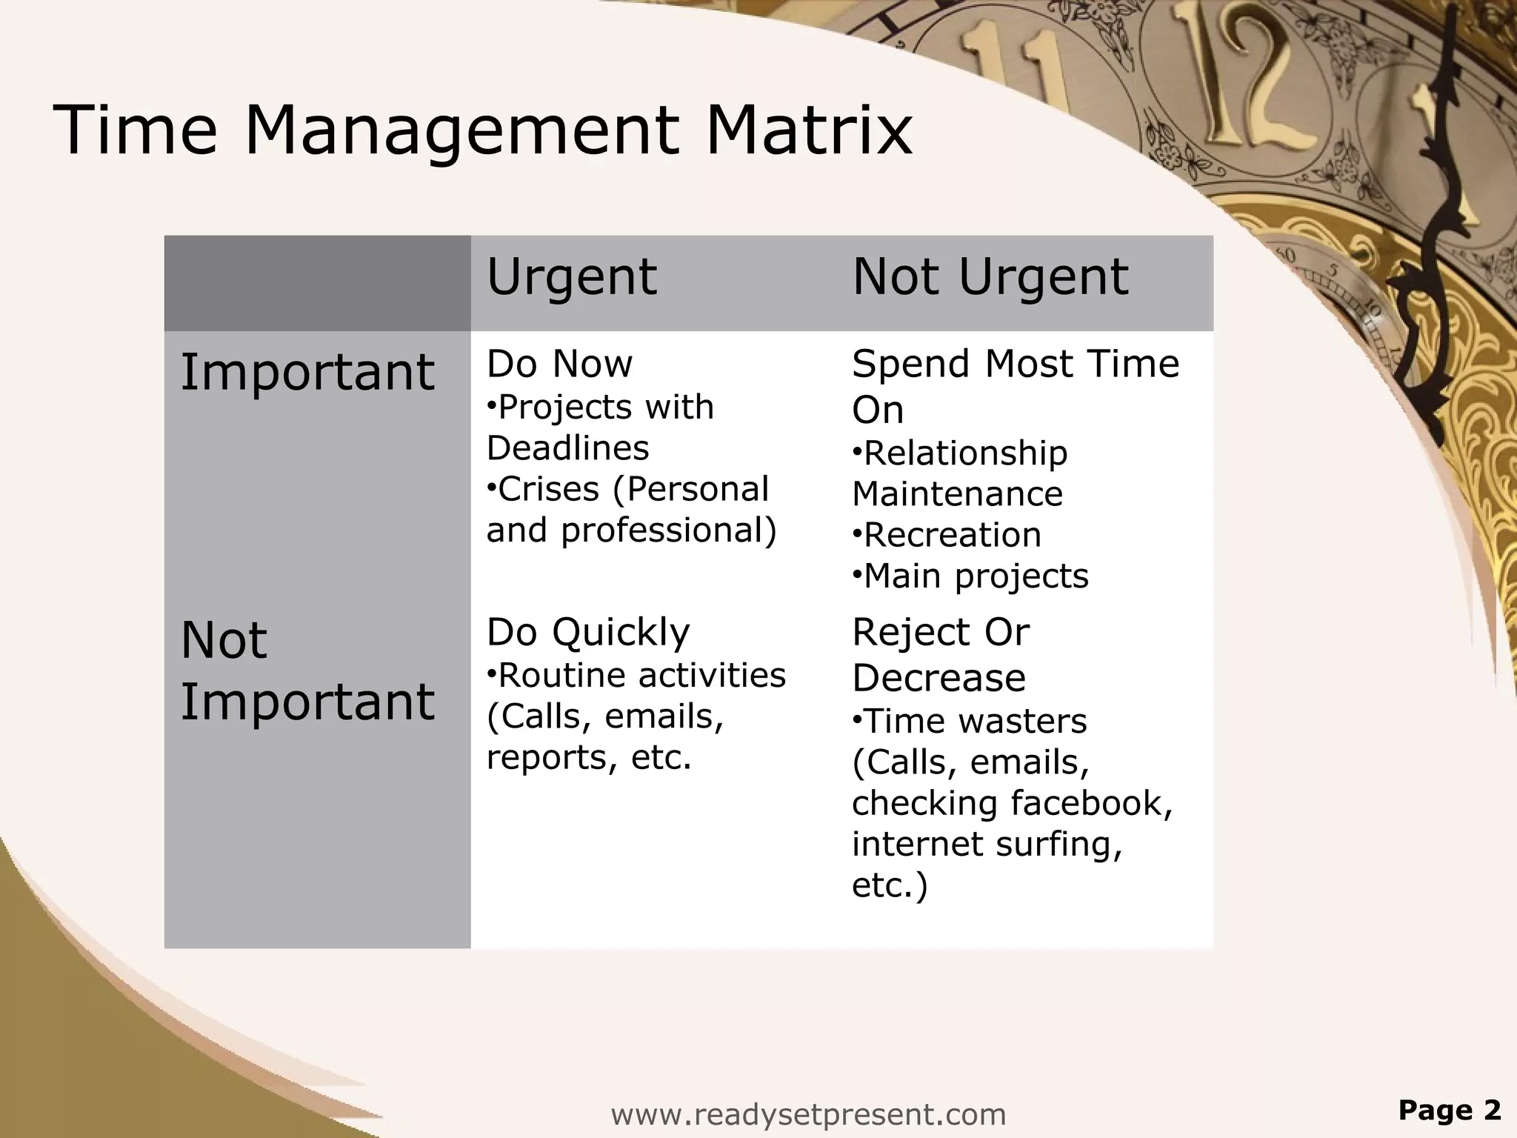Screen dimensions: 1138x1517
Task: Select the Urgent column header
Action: [x=571, y=277]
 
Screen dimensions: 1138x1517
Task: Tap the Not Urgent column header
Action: [x=990, y=277]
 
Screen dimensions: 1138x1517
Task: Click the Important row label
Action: [x=307, y=372]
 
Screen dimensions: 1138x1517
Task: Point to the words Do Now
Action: [x=559, y=364]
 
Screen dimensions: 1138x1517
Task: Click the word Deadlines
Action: [x=567, y=448]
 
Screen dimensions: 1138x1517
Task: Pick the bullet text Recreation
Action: [x=953, y=535]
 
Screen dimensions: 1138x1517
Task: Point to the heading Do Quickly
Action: [x=588, y=633]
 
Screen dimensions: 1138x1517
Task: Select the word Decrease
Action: [x=938, y=678]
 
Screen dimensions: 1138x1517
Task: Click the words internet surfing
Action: [x=987, y=845]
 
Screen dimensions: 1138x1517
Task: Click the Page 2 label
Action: [x=1449, y=1110]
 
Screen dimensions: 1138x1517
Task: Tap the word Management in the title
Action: [x=460, y=130]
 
